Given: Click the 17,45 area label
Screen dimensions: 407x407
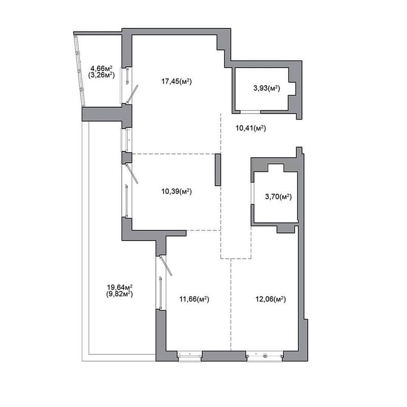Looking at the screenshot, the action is [x=177, y=81].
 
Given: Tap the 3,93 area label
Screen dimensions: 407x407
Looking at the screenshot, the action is [x=267, y=88].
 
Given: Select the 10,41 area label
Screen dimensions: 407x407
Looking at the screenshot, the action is [x=251, y=128].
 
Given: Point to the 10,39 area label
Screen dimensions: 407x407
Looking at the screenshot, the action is [x=177, y=192].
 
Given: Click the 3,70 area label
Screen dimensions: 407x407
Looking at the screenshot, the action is [x=278, y=197].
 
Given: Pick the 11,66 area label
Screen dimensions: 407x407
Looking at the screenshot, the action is [x=194, y=299].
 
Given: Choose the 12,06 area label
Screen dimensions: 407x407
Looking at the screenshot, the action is [x=271, y=299].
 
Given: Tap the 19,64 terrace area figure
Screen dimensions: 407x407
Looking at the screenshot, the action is [x=120, y=287].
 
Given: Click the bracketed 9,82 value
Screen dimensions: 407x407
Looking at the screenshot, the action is [x=120, y=294].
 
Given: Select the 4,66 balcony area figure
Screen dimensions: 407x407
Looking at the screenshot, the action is [x=101, y=69].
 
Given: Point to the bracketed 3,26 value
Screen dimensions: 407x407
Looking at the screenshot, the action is [x=101, y=75].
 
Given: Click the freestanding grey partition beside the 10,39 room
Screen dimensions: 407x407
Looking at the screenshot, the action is [x=218, y=170].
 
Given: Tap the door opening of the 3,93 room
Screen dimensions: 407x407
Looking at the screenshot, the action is [x=250, y=112].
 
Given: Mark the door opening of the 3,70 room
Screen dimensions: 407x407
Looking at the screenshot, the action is [x=252, y=193].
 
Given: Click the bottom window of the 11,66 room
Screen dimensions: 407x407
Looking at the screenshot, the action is [x=189, y=354].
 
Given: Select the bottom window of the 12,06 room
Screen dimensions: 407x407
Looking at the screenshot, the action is [x=265, y=356].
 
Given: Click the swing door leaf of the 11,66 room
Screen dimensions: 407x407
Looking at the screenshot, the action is [x=166, y=266].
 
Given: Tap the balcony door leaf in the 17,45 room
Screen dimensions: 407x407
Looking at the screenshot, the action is [x=132, y=94].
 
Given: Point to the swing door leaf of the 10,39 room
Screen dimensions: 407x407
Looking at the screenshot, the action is [x=132, y=173].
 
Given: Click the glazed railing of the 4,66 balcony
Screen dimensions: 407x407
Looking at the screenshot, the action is [x=79, y=71].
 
